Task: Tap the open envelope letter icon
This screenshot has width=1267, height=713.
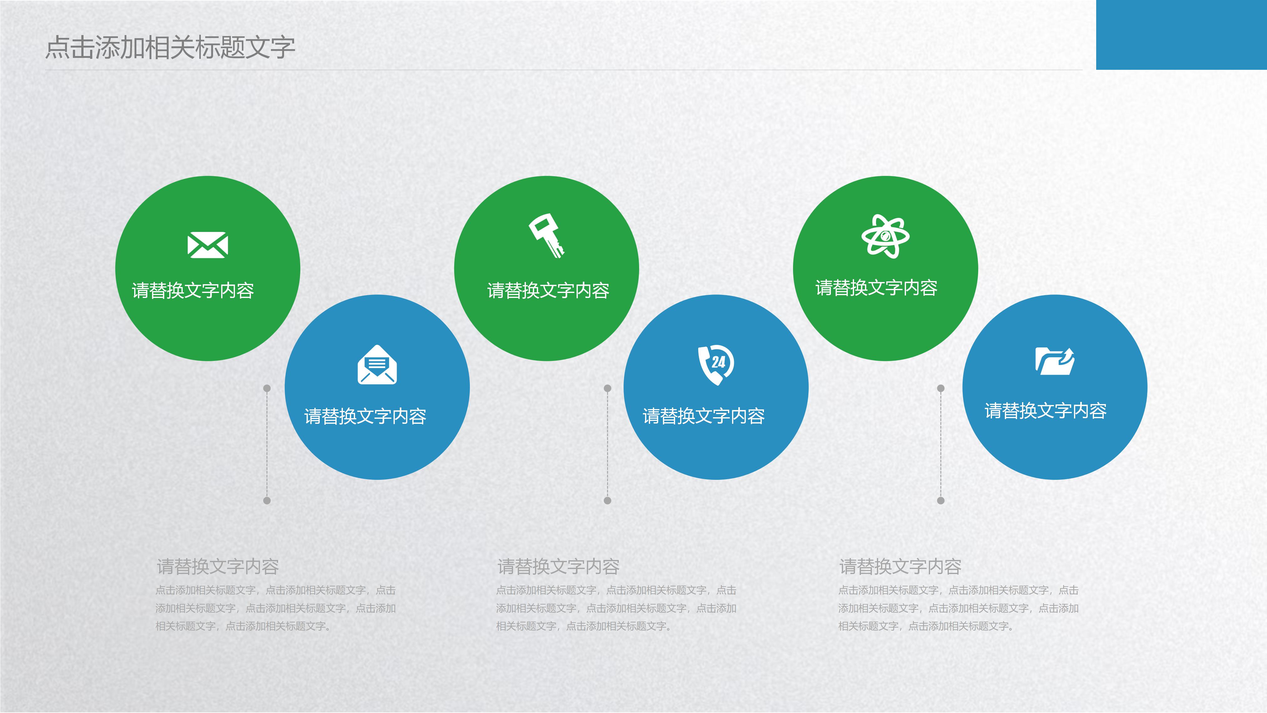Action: click(377, 365)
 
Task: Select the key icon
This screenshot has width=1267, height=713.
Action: click(546, 235)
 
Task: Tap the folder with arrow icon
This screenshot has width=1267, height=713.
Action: click(1055, 361)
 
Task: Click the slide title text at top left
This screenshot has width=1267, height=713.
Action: click(170, 48)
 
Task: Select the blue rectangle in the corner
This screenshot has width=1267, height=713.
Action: click(1181, 34)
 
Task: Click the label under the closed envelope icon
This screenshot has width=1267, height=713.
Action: click(193, 290)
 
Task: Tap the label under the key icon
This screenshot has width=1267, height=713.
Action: click(548, 290)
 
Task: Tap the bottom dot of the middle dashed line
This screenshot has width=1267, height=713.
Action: click(608, 500)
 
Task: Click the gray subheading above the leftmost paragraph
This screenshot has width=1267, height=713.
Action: click(217, 567)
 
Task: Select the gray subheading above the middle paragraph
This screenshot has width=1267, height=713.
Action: click(558, 567)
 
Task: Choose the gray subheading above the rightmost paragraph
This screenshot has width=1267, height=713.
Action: click(900, 567)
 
